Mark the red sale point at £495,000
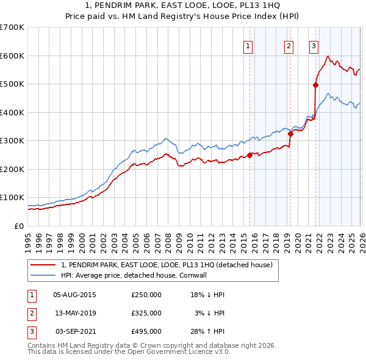pos(315,85)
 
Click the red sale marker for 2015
pos(250,155)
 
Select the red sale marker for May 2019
pos(290,134)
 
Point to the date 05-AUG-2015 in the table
pos(74,295)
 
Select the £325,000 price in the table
pos(146,313)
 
